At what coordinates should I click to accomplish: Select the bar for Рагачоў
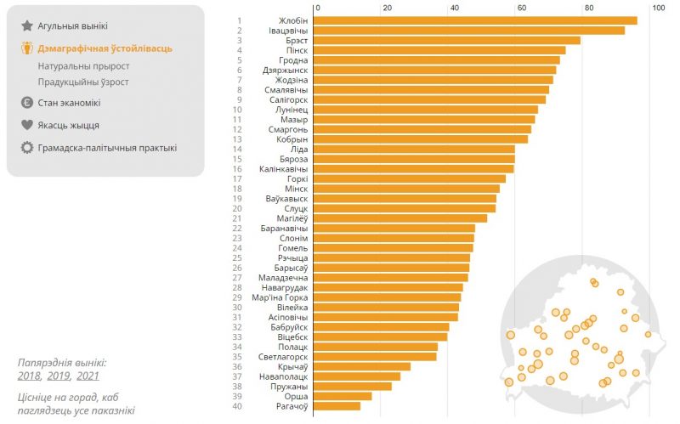click(337, 406)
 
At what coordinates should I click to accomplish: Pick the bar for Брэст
click(446, 40)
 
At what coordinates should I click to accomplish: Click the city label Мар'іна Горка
click(280, 297)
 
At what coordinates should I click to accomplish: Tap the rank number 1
click(240, 20)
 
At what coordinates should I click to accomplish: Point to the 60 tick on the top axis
click(520, 8)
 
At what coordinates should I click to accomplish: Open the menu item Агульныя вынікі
click(73, 26)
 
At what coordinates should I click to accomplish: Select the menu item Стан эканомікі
click(69, 103)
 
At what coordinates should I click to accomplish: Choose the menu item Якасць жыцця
click(69, 125)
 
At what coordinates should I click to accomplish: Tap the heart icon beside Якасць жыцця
click(27, 125)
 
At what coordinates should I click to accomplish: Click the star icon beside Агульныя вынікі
click(27, 26)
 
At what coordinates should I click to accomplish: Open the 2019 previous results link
click(59, 376)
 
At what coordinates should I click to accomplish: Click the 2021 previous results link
click(88, 376)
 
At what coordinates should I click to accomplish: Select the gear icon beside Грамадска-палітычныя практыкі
click(27, 148)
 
